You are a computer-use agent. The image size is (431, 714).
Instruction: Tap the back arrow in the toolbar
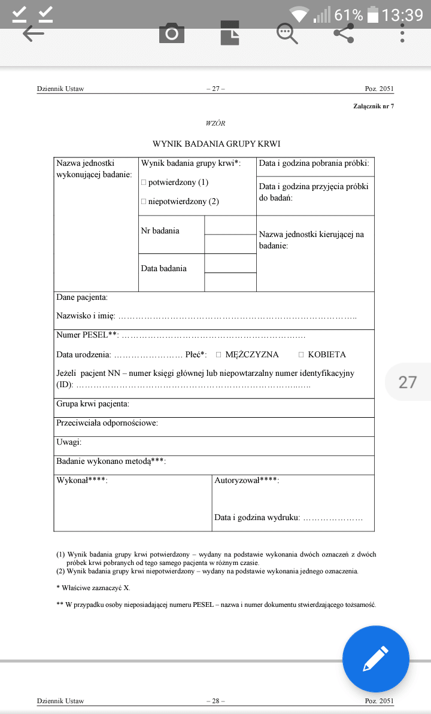pos(34,34)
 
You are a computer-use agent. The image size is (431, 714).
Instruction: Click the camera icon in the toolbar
pos(172,34)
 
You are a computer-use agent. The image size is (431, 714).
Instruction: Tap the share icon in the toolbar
pos(344,34)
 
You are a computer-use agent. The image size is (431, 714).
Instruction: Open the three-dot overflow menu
pos(403,34)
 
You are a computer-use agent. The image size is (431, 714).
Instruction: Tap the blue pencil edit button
pos(375,659)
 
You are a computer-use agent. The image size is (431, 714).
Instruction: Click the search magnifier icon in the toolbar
pos(287,34)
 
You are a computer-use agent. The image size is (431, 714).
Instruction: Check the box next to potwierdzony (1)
pos(144,182)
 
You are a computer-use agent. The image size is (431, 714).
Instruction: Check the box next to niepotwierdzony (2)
pos(144,201)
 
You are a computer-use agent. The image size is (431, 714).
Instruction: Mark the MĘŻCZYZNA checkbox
pos(218,354)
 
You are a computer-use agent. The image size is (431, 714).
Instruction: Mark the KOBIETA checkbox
pos(301,354)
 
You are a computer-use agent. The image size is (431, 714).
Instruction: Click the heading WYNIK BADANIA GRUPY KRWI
pos(216,144)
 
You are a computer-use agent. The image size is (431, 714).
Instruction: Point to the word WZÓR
pos(215,123)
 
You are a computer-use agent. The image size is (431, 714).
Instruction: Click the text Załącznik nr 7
pos(374,106)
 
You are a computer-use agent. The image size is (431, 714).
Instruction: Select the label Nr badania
pos(160,230)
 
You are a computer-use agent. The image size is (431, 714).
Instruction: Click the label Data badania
pos(163,268)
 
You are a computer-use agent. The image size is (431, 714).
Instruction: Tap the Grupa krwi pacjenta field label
pos(93,404)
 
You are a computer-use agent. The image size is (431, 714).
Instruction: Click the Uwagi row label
pos(69,442)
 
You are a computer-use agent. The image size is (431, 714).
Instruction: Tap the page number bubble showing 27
pos(408,382)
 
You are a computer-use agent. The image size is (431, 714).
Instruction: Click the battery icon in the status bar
pos(372,14)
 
